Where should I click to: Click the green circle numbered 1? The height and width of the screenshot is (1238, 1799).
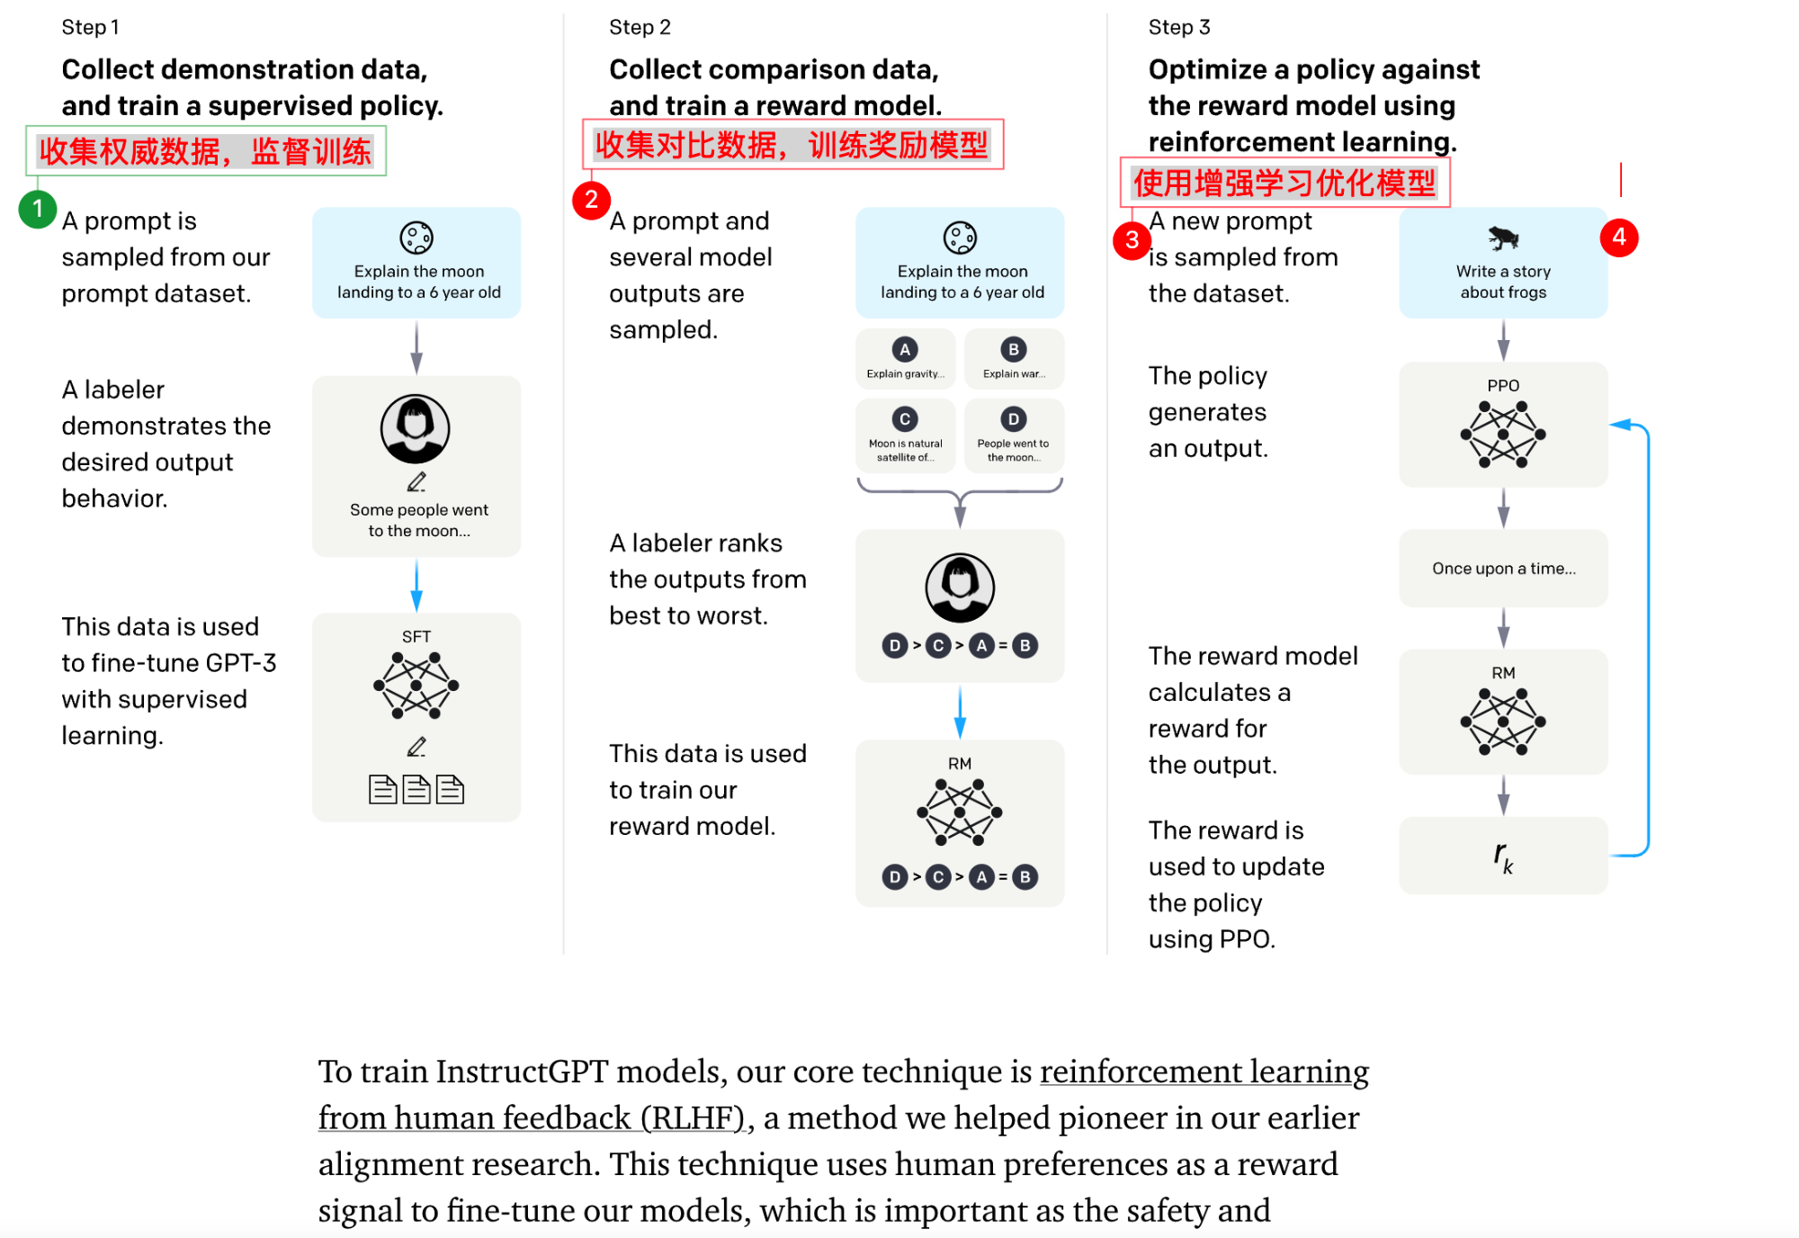(x=38, y=210)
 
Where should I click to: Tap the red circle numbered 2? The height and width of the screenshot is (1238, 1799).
(x=591, y=200)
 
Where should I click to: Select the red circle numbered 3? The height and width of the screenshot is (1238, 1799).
(x=1132, y=240)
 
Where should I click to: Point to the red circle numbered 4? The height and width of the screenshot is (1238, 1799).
(x=1619, y=238)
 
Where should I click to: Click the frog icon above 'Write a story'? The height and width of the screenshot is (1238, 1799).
(x=1503, y=238)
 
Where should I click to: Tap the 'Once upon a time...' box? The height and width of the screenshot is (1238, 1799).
(x=1503, y=569)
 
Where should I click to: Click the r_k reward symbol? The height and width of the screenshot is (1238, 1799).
(x=1503, y=857)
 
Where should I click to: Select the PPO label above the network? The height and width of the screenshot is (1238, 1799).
(x=1503, y=385)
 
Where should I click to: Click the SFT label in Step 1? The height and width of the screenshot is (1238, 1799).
(x=416, y=636)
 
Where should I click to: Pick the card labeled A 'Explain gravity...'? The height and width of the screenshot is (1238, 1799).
(x=906, y=358)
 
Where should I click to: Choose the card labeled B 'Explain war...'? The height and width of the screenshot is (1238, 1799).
(x=1014, y=358)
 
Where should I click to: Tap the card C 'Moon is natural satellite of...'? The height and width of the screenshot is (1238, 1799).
(x=906, y=435)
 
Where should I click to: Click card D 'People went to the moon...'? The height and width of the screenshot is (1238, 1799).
(x=1014, y=435)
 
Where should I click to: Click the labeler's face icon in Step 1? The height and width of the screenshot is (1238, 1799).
(x=415, y=428)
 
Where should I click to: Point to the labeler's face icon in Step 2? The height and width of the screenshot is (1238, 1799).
(x=960, y=588)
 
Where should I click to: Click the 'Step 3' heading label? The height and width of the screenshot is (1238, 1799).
(x=1179, y=27)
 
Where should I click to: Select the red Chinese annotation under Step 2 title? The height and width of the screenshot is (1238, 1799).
(x=792, y=145)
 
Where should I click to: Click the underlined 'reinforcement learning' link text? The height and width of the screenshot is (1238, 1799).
(x=1204, y=1072)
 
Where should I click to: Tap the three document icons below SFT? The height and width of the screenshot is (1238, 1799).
(x=416, y=789)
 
